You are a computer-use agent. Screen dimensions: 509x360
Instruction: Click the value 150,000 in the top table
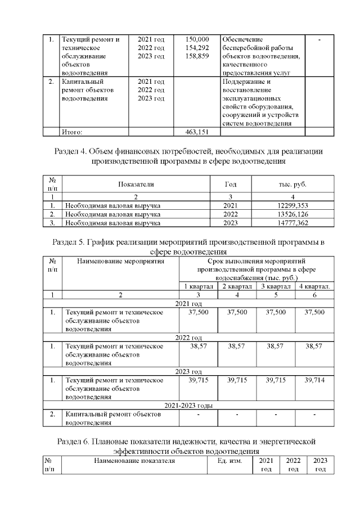coord(197,39)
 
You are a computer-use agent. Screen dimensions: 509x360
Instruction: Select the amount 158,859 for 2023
coord(197,56)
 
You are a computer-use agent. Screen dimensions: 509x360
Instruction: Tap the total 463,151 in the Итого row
coord(197,132)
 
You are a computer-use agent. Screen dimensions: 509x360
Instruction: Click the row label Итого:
coord(72,132)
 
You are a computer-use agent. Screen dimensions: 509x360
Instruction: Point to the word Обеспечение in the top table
coord(242,39)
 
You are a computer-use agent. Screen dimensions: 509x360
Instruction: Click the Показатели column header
coord(136,184)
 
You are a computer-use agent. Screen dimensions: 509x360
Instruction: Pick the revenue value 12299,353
coord(288,206)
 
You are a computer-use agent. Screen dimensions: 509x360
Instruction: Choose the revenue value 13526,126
coord(288,214)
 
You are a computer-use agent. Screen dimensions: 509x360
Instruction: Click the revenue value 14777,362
coord(288,223)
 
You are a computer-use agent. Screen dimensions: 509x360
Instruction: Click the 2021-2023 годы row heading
coord(188,406)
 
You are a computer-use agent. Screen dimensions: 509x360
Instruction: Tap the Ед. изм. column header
coord(229,461)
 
